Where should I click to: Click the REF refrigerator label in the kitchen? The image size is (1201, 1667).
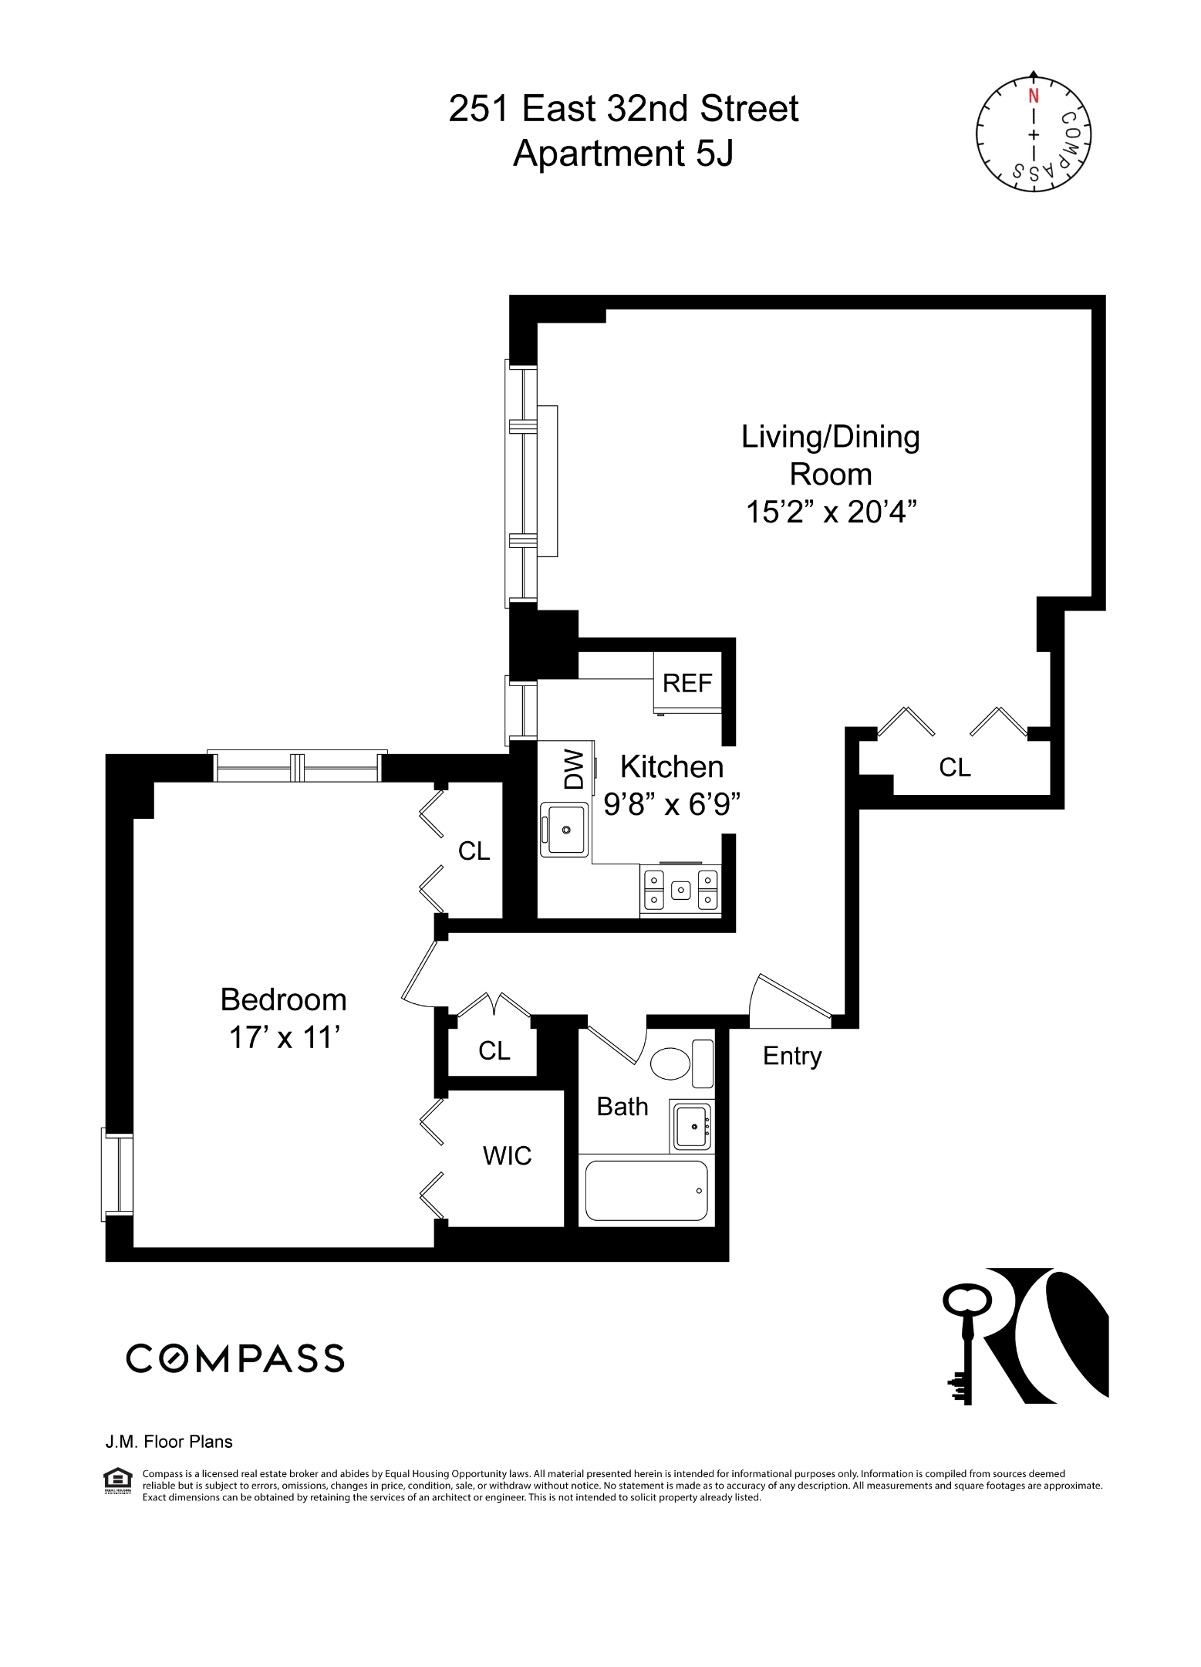[x=687, y=683]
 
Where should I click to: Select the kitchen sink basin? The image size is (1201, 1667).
[x=565, y=830]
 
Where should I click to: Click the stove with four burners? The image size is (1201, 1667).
[x=680, y=890]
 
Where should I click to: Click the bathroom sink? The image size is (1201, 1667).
[x=692, y=1126]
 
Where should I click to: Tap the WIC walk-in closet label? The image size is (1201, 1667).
[x=507, y=1155]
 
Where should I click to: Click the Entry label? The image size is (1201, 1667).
[x=792, y=1056]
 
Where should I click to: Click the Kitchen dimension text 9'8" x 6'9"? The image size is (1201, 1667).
[x=672, y=805]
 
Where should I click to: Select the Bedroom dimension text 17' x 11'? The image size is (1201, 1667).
[x=285, y=1038]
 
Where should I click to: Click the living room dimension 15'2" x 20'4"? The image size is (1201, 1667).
[x=831, y=512]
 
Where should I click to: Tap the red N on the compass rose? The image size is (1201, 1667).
[x=1033, y=96]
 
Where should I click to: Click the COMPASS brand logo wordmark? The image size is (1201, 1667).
[x=235, y=1358]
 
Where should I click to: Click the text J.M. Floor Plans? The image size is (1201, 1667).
[x=169, y=1442]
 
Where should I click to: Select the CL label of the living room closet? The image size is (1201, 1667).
[x=954, y=767]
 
